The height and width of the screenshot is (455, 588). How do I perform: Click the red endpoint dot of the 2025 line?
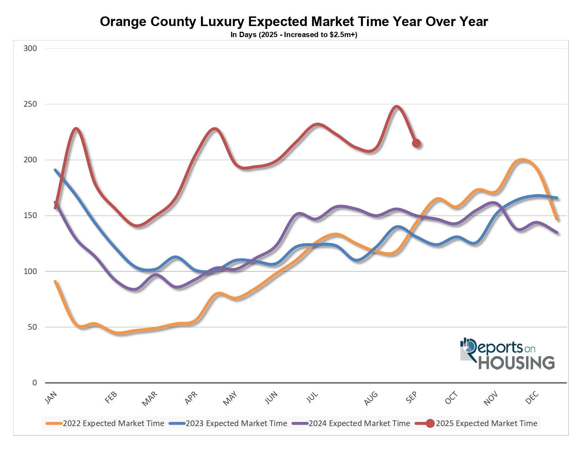coord(416,143)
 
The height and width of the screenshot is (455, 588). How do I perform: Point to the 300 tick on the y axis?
coord(30,49)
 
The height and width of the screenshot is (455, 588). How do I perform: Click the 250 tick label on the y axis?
coord(30,104)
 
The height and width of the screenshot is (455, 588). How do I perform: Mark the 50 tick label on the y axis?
coord(32,327)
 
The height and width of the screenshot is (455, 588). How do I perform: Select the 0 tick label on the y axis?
coord(35,383)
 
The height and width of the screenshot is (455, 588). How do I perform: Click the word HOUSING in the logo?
coord(516,363)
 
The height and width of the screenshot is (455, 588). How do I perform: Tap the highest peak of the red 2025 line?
coord(396,106)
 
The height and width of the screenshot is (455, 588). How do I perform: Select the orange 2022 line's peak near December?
coord(522,159)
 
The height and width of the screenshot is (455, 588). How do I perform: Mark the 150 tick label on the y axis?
coord(30,216)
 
